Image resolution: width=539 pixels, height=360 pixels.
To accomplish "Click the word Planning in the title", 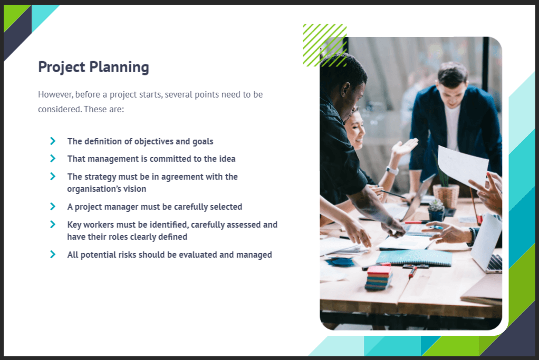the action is point(119,67).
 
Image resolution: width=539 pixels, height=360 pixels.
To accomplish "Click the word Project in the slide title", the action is point(62,67).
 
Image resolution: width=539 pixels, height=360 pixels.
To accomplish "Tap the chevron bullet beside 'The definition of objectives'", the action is point(53,141).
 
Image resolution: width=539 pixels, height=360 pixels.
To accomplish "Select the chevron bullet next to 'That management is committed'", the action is point(53,158).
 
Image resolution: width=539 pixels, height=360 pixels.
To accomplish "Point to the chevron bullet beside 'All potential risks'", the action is point(53,254).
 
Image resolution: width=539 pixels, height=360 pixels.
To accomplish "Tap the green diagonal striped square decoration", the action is point(324,45).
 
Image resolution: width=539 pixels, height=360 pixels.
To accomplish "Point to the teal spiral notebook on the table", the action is point(414,258).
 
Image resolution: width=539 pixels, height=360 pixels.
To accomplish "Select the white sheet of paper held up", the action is point(463,166).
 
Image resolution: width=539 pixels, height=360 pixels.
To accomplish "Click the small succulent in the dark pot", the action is point(436,210).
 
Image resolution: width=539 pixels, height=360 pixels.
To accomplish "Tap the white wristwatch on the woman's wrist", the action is point(392,170).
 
